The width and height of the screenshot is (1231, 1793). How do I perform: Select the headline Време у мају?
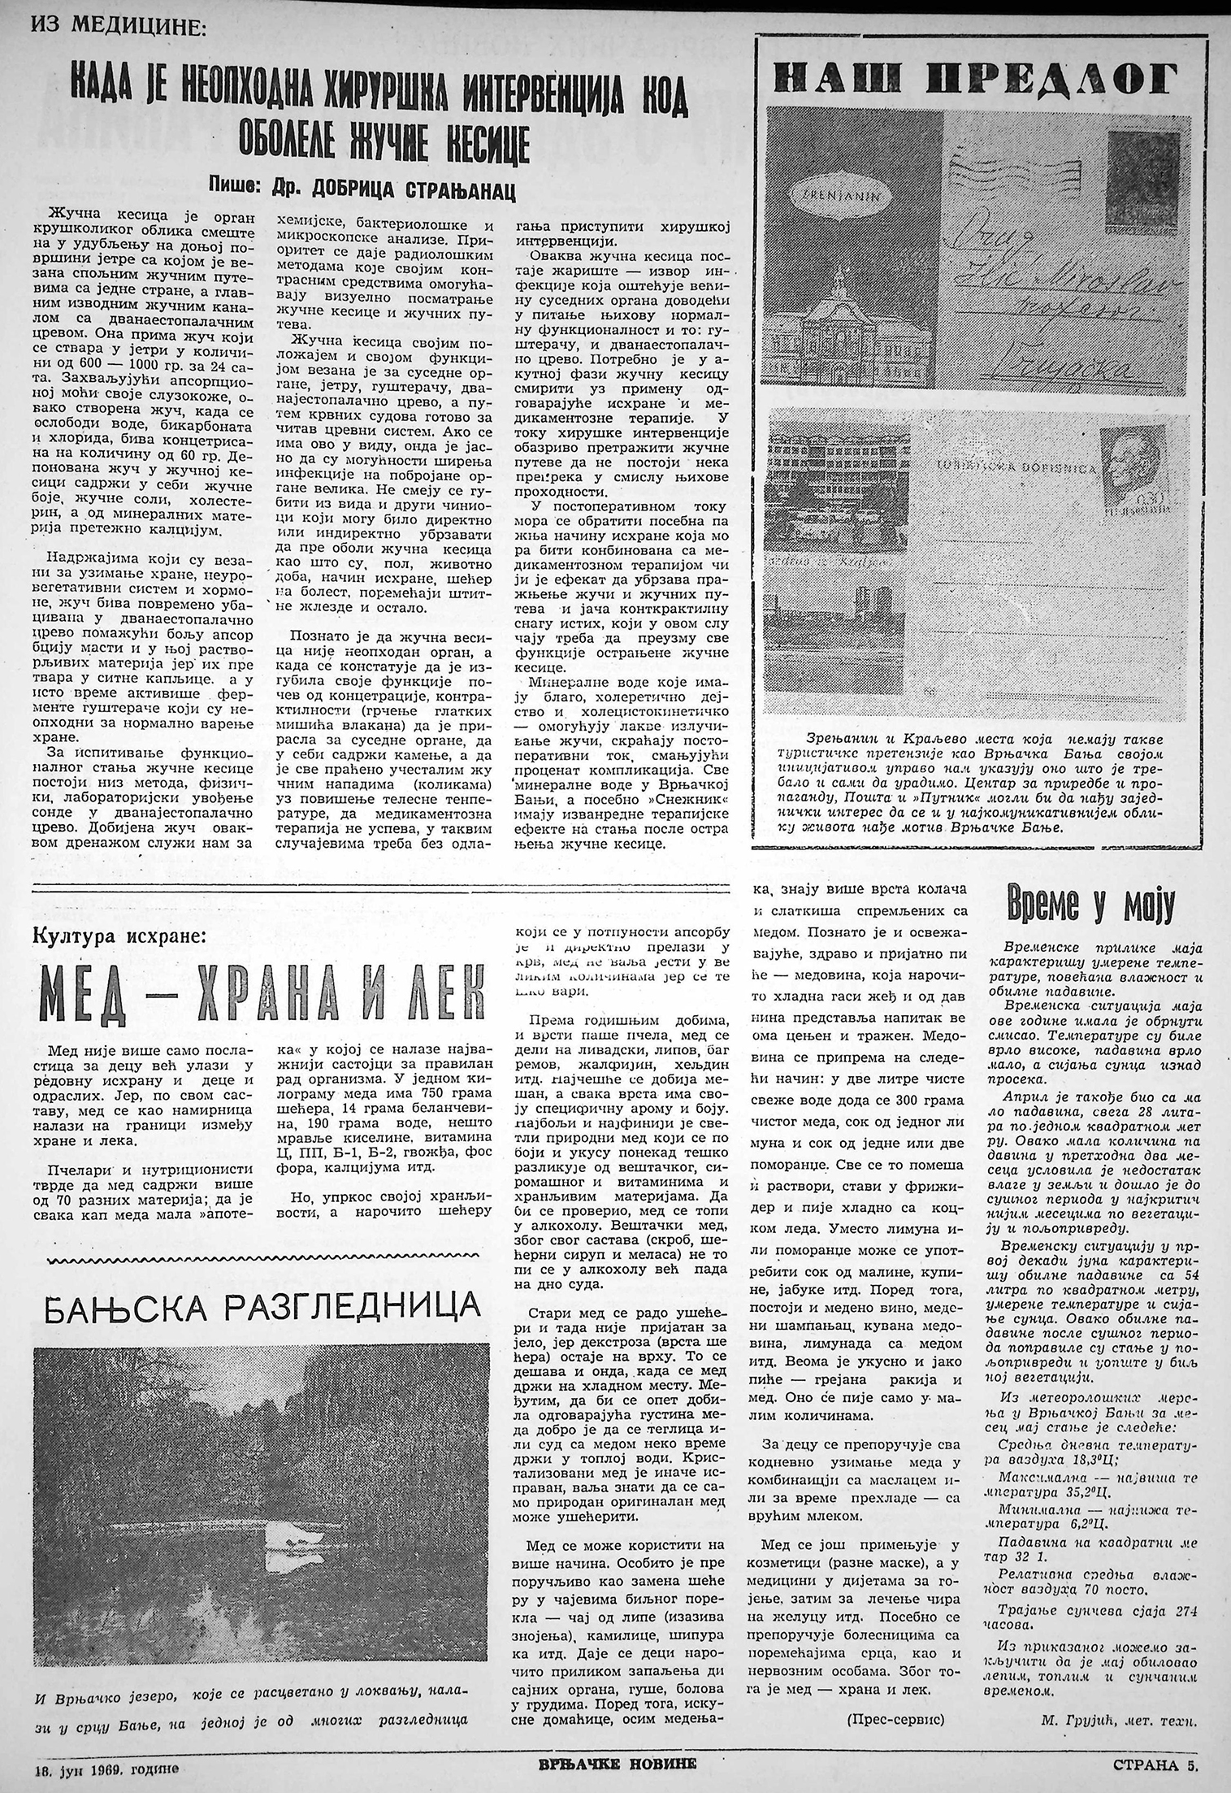(x=1090, y=906)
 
